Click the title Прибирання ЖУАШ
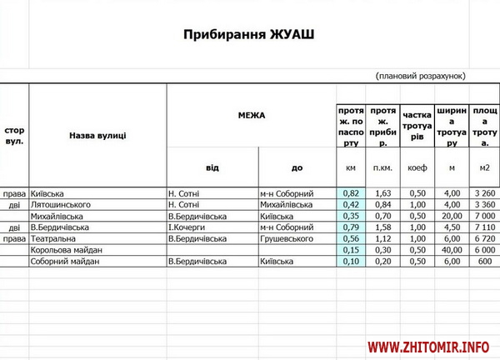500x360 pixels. [250, 35]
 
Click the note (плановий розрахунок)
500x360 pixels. [421, 75]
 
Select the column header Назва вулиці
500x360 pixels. [97, 134]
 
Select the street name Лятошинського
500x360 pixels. [59, 204]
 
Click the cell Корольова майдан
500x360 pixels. [67, 250]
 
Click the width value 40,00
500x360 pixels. [451, 250]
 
